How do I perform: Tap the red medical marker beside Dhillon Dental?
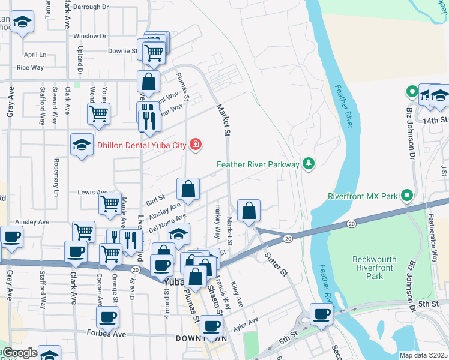[x=195, y=144]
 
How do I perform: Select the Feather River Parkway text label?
[x=258, y=164]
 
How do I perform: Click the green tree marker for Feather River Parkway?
[x=309, y=163]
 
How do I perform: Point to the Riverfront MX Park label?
[x=363, y=196]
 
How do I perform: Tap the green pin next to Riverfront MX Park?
[x=406, y=196]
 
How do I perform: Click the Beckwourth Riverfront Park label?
[x=376, y=268]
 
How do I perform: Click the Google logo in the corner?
[x=19, y=353]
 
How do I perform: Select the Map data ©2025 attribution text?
[x=423, y=355]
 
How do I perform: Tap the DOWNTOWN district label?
[x=201, y=339]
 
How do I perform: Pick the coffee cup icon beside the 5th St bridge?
[x=321, y=314]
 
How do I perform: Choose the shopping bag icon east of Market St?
[x=249, y=211]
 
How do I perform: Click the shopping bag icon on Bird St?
[x=188, y=189]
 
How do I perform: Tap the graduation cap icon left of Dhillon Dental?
[x=82, y=144]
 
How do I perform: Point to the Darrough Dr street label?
[x=91, y=7]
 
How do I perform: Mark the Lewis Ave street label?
[x=92, y=192]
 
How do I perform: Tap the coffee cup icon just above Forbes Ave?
[x=108, y=317]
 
